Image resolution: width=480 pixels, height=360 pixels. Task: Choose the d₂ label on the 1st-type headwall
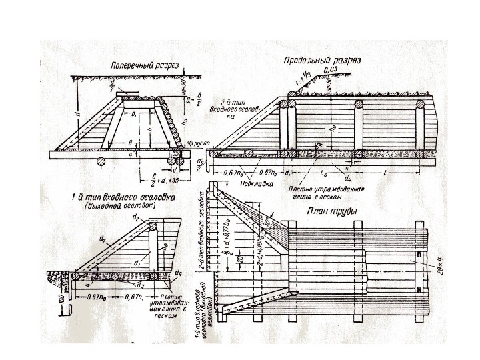[153, 217]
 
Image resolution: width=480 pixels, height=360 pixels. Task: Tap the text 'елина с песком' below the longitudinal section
[319, 197]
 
